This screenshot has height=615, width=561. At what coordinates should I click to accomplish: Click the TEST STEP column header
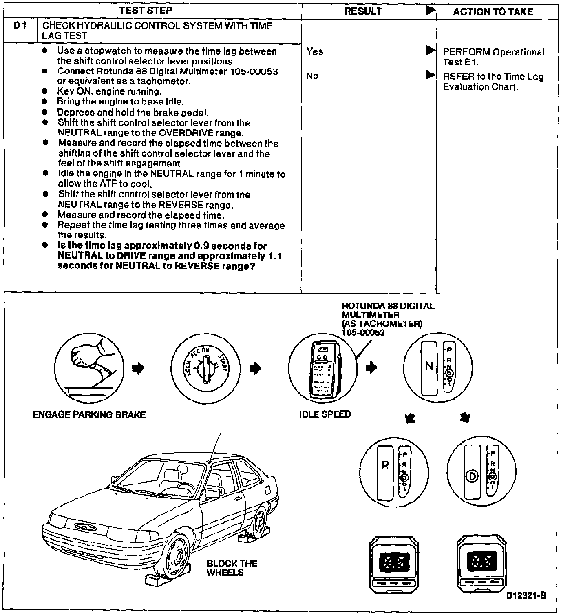point(146,11)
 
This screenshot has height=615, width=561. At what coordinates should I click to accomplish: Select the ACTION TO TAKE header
point(493,12)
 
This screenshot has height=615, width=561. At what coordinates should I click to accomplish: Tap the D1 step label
point(20,26)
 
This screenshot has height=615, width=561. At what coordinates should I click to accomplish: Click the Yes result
point(315,51)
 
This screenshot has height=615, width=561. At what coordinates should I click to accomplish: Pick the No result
point(312,76)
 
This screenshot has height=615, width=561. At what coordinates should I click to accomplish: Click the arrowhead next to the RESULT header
point(431,10)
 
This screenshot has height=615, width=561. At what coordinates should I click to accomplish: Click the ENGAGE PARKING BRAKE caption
point(89,415)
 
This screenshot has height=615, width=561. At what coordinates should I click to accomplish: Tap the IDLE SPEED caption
point(325,414)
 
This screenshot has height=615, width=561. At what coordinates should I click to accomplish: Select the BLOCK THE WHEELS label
point(232,568)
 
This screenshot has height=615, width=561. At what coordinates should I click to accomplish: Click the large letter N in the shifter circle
point(429,366)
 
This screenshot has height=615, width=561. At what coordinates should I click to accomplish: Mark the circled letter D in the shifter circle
point(472,476)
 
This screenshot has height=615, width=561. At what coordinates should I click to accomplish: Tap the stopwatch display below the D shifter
point(481,562)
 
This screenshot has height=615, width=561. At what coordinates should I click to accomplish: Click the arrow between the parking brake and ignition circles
point(139,368)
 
